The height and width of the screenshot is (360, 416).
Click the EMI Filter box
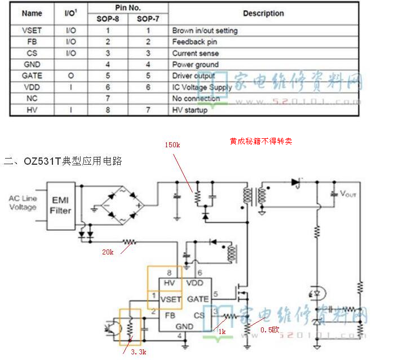(x=60, y=205)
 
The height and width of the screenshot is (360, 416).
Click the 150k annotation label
(x=172, y=145)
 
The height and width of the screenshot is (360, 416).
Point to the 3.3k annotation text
(x=138, y=352)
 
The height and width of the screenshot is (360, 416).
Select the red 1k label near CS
(x=222, y=332)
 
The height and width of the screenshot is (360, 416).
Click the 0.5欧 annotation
(x=269, y=330)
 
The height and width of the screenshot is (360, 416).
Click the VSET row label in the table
(x=32, y=30)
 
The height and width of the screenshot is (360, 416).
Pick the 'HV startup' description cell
(x=190, y=110)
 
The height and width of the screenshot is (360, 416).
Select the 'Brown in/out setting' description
(x=205, y=30)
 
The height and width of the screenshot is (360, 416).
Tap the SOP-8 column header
(x=108, y=19)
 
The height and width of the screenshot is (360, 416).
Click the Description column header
(x=263, y=14)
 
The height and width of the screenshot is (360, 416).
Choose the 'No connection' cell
(x=196, y=99)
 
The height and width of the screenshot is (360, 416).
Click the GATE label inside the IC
(x=198, y=298)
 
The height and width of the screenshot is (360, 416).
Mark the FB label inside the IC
(x=170, y=314)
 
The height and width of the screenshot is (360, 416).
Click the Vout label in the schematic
(x=348, y=194)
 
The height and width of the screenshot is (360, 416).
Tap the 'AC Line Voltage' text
(x=23, y=203)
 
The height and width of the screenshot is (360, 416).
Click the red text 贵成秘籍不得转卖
(x=260, y=141)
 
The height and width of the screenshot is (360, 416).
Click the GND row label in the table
(x=32, y=64)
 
